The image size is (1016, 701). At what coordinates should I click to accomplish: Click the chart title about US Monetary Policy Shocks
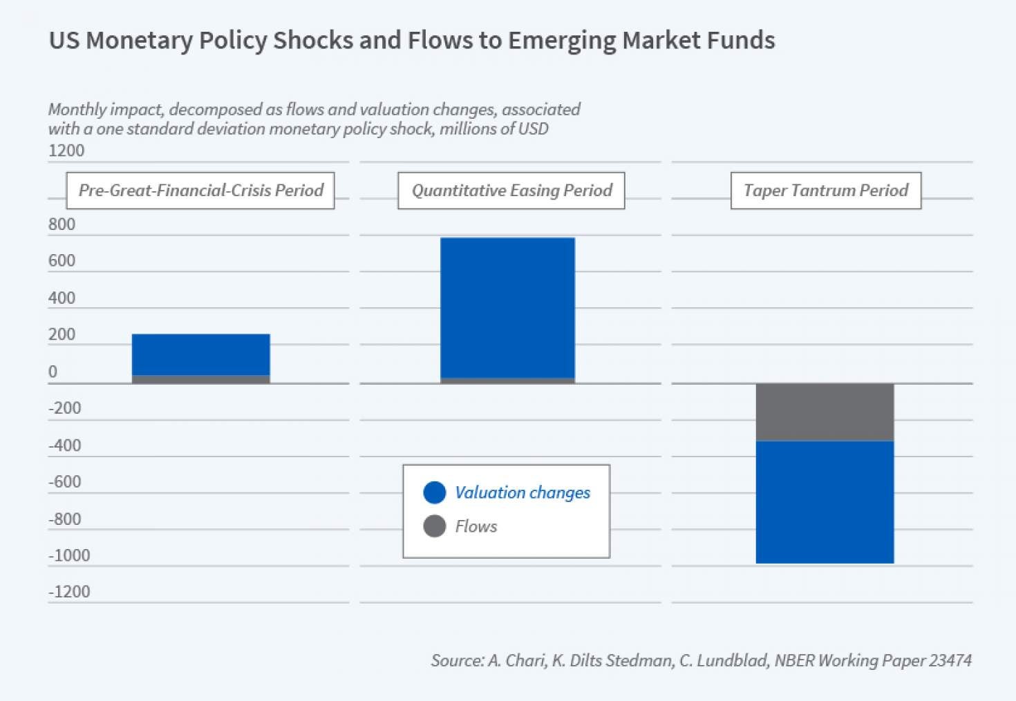[x=412, y=40]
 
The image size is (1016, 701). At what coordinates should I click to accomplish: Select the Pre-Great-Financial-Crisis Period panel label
[x=200, y=191]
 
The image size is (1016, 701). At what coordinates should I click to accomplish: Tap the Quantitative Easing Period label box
[x=511, y=191]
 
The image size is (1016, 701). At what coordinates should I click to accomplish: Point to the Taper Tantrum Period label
[x=826, y=191]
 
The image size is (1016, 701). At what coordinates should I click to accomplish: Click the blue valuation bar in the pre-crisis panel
[x=200, y=354]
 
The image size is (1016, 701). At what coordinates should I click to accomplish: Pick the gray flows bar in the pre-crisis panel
[x=200, y=379]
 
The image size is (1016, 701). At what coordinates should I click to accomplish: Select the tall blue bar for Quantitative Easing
[x=507, y=307]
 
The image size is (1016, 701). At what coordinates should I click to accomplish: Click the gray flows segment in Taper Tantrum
[x=825, y=412]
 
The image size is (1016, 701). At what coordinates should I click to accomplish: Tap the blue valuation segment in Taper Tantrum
[x=825, y=502]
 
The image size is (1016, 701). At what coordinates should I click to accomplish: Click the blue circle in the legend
[x=435, y=492]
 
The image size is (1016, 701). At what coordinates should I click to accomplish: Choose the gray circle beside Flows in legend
[x=435, y=526]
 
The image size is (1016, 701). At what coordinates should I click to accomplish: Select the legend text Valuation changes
[x=523, y=492]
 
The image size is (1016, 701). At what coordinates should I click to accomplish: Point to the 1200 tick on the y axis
[x=66, y=151]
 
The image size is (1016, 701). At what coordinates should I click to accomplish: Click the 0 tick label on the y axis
[x=53, y=372]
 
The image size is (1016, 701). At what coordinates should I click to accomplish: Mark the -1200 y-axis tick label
[x=69, y=592]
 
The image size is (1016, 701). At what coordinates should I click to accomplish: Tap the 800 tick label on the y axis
[x=62, y=224]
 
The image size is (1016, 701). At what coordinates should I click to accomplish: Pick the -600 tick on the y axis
[x=65, y=482]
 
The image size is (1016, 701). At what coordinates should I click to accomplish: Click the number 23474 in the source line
[x=950, y=660]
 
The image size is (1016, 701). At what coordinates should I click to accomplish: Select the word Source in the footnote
[x=456, y=660]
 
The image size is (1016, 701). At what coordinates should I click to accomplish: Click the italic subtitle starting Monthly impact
[x=314, y=119]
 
